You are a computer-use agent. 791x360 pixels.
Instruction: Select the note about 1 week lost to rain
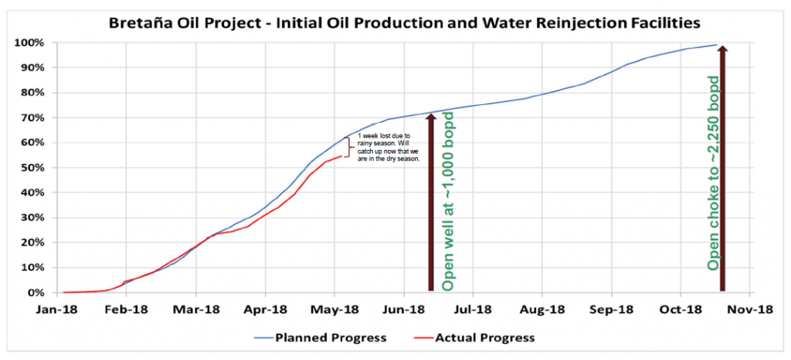389,148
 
